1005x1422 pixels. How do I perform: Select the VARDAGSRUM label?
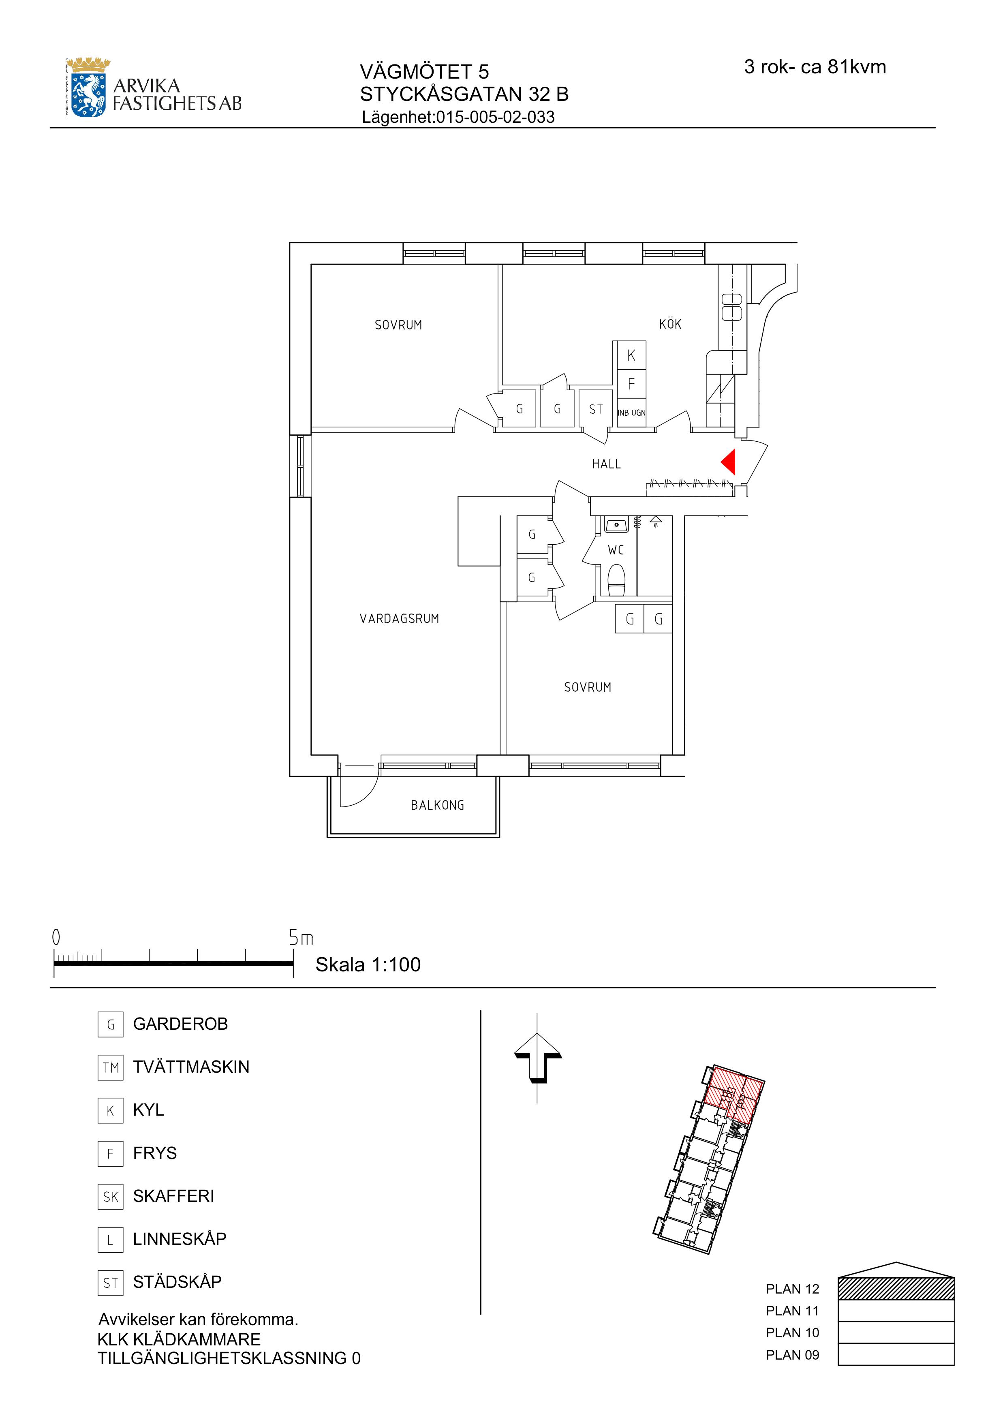[x=400, y=619]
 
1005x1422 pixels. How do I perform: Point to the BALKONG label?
[x=437, y=805]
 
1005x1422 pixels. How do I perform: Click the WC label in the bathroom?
[x=616, y=550]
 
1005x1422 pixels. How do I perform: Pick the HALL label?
[x=606, y=464]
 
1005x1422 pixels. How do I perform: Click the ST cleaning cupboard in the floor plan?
[x=596, y=409]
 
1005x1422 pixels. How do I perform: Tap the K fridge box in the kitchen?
[x=631, y=355]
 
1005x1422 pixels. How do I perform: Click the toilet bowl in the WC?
[x=617, y=579]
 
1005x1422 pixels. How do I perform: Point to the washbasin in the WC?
[x=617, y=525]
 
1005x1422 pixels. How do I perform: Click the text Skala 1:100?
[x=368, y=964]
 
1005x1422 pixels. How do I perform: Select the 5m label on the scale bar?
[x=301, y=938]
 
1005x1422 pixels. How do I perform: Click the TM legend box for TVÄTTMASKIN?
[x=110, y=1067]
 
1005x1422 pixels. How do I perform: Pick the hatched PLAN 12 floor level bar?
[x=896, y=1288]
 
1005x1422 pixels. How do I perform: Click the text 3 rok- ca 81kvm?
[x=815, y=67]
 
